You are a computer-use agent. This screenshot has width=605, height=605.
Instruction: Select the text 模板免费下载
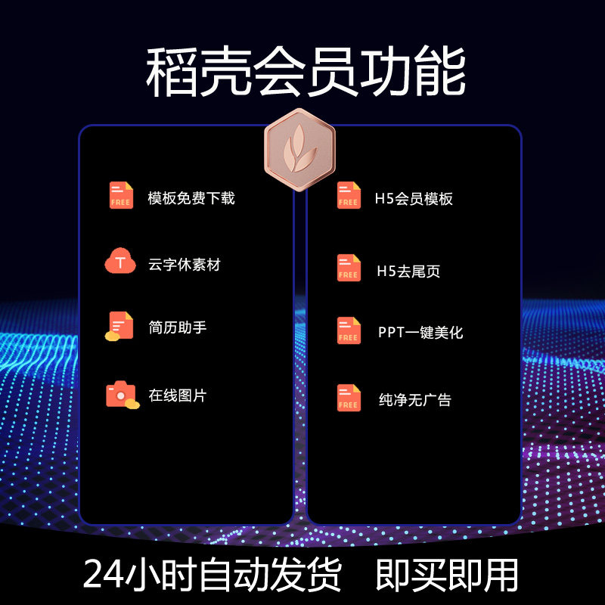(191, 198)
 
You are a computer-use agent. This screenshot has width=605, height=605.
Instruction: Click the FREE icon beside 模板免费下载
(121, 195)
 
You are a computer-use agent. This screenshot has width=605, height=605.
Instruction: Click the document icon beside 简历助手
(119, 326)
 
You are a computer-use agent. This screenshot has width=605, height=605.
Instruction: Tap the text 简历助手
(177, 327)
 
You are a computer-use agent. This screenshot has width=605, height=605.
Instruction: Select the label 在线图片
(177, 395)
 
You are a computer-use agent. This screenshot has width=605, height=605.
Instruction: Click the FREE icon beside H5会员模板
(349, 196)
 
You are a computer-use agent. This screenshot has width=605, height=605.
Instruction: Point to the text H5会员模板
(414, 199)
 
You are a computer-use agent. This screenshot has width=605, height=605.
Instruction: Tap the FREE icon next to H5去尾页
(349, 268)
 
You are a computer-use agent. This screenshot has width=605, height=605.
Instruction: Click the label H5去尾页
(408, 271)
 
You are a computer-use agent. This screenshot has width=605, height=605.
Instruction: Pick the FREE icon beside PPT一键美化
(349, 330)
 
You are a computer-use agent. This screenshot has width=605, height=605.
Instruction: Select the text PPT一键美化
(420, 332)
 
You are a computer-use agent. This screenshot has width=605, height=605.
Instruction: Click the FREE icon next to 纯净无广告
(349, 398)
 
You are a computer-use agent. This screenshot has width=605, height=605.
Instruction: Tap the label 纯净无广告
(414, 399)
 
